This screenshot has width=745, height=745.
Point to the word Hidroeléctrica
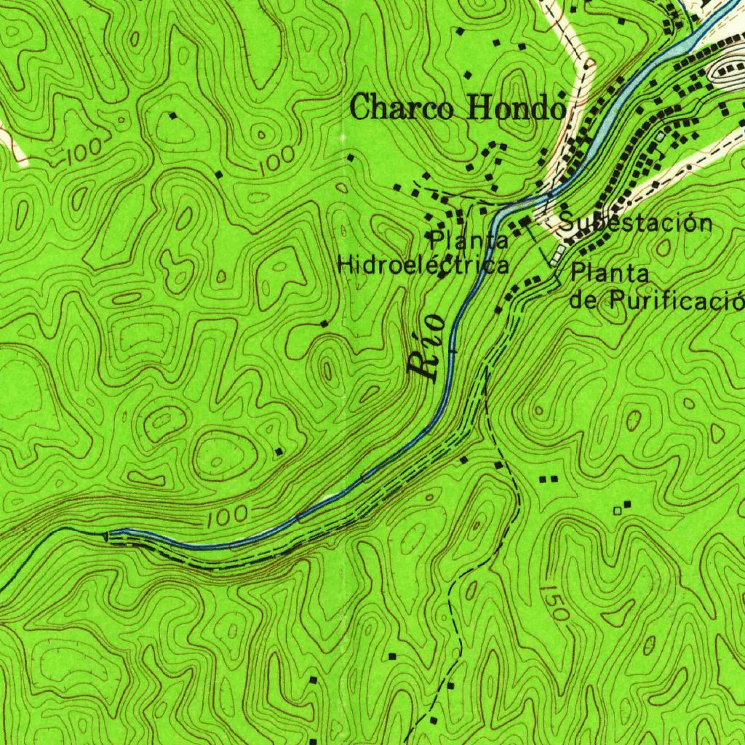coord(423,265)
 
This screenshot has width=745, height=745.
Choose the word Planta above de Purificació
coord(610,274)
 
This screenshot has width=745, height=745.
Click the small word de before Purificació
coord(583,299)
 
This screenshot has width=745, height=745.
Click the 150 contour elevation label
coord(555,602)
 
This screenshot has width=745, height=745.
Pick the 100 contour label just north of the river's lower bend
coord(226,517)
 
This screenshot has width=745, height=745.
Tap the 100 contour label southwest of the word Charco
coord(277,156)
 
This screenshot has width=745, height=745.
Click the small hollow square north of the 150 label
coord(618,511)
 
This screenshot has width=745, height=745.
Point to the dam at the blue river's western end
coord(109,535)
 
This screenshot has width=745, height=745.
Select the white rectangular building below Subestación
coord(558,255)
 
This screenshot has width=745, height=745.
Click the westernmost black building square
coord(173,115)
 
